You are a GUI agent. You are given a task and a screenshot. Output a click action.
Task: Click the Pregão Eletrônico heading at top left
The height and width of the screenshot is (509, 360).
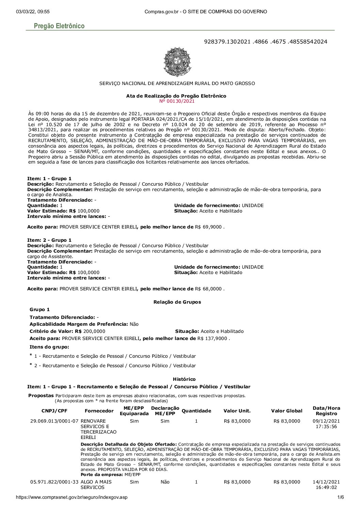tap(59, 26)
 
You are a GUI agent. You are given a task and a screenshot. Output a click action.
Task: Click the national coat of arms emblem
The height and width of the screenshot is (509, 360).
tap(176, 62)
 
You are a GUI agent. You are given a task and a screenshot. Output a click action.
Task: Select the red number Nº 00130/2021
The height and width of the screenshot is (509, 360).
tap(176, 101)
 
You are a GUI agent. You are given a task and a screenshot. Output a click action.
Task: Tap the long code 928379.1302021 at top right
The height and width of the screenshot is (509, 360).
tap(265, 42)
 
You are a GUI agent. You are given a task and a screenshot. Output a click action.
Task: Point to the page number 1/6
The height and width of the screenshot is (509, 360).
tap(341, 497)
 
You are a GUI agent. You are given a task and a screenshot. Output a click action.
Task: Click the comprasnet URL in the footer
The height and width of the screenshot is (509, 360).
tap(72, 497)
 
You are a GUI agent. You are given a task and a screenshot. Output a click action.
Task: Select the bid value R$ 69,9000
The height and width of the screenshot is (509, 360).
tap(209, 227)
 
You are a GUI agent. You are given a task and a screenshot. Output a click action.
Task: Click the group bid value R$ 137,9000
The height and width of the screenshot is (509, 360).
tap(213, 339)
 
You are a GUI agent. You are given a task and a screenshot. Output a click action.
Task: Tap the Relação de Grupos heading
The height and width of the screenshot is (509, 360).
tap(177, 302)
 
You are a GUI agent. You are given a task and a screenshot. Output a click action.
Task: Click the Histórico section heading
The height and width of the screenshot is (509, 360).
tap(184, 379)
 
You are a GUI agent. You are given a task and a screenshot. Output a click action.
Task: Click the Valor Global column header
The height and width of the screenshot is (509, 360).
tap(287, 411)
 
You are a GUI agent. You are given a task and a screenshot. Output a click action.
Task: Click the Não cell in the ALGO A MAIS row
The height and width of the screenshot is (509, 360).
tap(165, 482)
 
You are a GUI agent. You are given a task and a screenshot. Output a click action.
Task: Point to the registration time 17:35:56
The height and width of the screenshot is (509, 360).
tap(326, 427)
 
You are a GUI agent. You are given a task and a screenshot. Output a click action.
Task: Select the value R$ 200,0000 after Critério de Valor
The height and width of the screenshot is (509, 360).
tap(90, 331)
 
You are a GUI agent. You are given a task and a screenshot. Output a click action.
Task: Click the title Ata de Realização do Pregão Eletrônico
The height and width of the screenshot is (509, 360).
tap(176, 96)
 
